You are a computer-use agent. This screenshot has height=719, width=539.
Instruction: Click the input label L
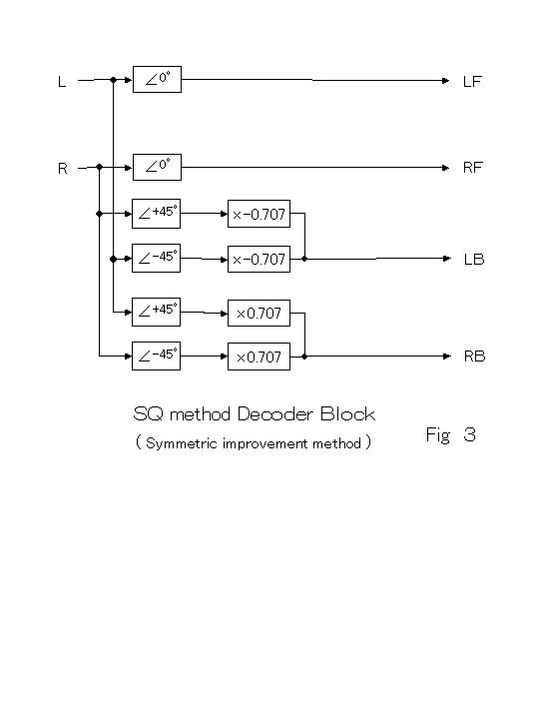62,82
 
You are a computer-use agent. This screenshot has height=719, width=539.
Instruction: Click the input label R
63,169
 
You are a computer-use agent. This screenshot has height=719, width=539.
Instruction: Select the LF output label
472,82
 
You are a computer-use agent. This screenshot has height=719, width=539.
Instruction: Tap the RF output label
472,168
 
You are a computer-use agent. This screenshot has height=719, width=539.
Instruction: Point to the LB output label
474,260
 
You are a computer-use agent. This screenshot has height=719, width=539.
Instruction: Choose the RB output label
474,357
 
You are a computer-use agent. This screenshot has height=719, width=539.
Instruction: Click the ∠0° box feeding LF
158,79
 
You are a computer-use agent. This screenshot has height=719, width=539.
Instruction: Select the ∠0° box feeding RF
158,167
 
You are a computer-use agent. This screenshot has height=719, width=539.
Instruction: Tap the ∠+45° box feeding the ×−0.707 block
157,214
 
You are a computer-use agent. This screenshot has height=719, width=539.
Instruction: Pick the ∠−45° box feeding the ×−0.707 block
157,259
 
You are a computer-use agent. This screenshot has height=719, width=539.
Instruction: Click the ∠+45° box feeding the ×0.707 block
157,313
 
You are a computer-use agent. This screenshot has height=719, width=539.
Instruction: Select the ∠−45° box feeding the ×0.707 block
157,356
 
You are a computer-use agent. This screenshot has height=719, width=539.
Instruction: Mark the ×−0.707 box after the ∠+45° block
259,214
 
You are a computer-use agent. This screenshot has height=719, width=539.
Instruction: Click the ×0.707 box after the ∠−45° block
259,357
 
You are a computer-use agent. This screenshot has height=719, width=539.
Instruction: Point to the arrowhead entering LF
445,81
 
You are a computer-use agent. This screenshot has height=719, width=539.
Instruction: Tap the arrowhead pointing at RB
447,357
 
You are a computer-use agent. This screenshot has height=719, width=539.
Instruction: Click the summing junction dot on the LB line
304,259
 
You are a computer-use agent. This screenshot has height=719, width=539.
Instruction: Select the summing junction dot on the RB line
304,357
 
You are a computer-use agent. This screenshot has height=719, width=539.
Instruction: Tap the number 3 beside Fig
469,434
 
